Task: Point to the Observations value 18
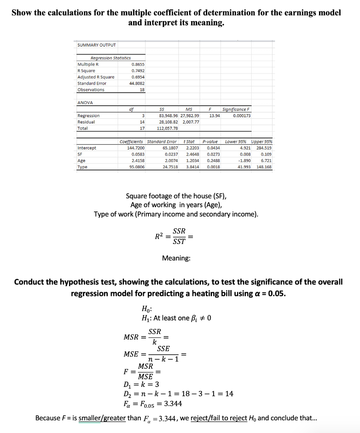(x=142, y=90)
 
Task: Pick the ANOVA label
(x=85, y=102)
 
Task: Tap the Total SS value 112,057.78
(x=168, y=128)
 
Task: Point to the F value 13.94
(x=214, y=115)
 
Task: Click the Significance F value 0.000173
(x=242, y=115)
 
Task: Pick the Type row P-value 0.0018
(x=211, y=167)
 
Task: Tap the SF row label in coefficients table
(x=80, y=154)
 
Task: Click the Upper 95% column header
(x=261, y=141)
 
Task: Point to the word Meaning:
(x=176, y=258)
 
